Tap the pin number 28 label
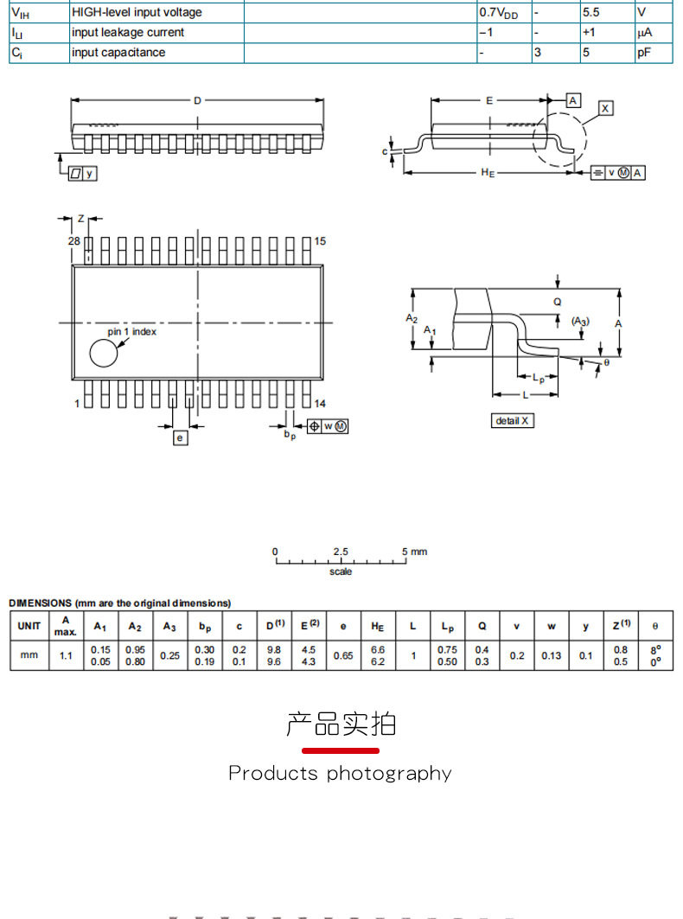(73, 241)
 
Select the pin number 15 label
(320, 241)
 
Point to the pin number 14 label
(320, 403)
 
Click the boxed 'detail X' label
(513, 420)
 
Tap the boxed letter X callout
(605, 108)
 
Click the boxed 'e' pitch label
(180, 437)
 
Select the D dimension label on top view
(198, 101)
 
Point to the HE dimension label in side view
(488, 172)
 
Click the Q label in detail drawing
(558, 302)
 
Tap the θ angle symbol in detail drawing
(607, 363)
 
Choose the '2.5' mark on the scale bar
(341, 552)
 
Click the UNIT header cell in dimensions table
(29, 626)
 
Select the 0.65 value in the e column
(343, 655)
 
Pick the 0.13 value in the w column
(551, 655)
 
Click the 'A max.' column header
(66, 626)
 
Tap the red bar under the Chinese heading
(341, 750)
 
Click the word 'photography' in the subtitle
(389, 775)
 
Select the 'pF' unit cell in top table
(644, 52)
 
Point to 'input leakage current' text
(128, 32)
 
